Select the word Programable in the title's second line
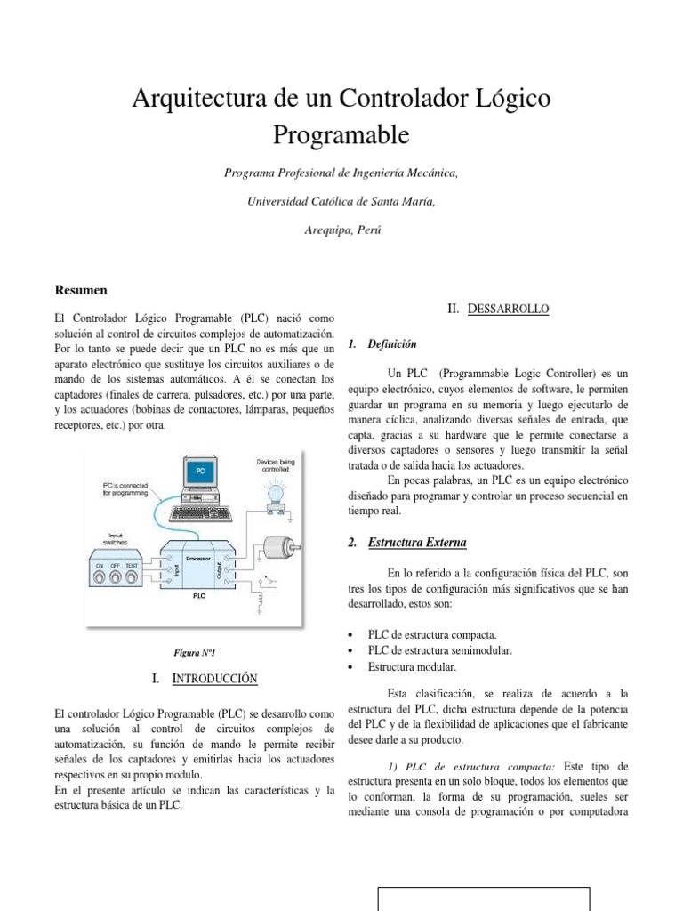[x=341, y=135]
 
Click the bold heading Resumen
[x=82, y=290]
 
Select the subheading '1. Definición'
[x=382, y=343]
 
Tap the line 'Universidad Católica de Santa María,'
[x=341, y=201]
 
